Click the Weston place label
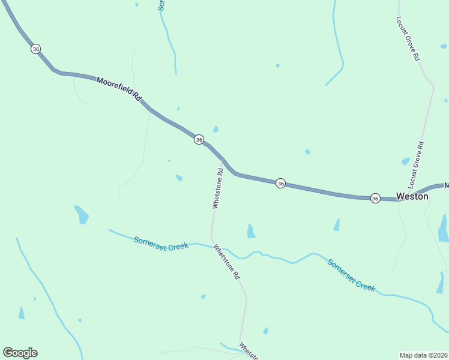click(x=412, y=196)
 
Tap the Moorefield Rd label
click(x=118, y=88)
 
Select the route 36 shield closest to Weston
click(x=375, y=198)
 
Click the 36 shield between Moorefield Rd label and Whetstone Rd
click(x=199, y=139)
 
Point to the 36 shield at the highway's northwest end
click(x=36, y=49)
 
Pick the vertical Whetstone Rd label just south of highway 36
click(x=218, y=188)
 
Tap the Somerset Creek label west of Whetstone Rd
click(x=161, y=242)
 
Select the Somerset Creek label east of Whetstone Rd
click(x=351, y=275)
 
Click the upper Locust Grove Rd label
click(x=407, y=38)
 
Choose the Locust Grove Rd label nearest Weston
click(x=416, y=163)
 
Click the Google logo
click(x=20, y=353)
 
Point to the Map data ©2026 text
click(x=424, y=355)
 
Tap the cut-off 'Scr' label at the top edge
click(x=161, y=5)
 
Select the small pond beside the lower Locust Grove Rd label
click(x=406, y=161)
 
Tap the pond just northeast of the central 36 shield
click(x=215, y=129)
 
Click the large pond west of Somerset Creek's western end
click(x=82, y=214)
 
